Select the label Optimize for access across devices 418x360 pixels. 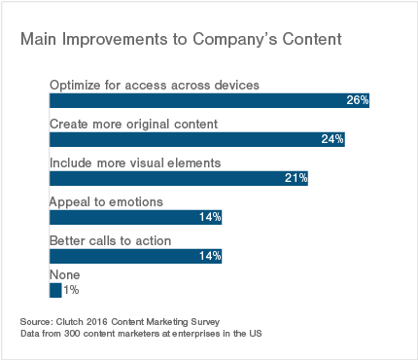[x=154, y=86]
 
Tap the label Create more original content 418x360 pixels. [x=132, y=125]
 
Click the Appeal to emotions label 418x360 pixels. [x=105, y=201]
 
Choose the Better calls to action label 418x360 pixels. [x=110, y=240]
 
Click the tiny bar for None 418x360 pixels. [x=55, y=290]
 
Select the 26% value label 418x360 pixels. [x=357, y=101]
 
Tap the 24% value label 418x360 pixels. [x=332, y=140]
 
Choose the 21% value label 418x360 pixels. [x=296, y=178]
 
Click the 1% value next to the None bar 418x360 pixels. [x=71, y=290]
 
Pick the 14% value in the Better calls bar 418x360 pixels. [x=210, y=256]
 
